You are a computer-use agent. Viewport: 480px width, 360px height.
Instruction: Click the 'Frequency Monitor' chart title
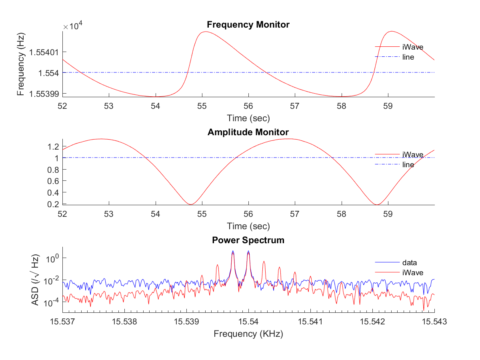(x=248, y=25)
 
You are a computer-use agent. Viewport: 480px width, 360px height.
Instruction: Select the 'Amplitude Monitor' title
(x=248, y=132)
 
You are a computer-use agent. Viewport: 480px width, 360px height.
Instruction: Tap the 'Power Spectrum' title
(x=248, y=240)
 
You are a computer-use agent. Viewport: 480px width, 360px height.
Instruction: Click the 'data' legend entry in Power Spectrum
(x=410, y=263)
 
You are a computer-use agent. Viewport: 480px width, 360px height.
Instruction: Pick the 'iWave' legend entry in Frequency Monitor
(x=413, y=47)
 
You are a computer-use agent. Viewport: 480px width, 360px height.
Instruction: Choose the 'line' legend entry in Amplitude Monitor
(x=408, y=164)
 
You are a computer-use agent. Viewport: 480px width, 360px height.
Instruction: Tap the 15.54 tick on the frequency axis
(x=248, y=321)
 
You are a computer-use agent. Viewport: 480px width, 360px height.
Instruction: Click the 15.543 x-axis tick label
(x=434, y=321)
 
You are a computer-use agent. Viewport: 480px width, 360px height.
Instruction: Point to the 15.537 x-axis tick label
(x=62, y=321)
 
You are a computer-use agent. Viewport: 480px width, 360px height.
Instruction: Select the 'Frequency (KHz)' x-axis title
(x=248, y=334)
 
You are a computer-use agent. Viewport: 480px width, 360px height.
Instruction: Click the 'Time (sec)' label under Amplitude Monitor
(x=248, y=226)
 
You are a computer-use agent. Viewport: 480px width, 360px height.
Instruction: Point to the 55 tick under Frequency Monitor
(x=202, y=106)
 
